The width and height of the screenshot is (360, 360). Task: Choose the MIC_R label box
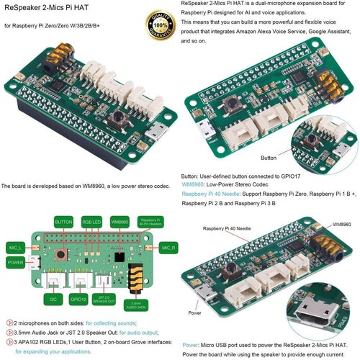pyautogui.click(x=167, y=248)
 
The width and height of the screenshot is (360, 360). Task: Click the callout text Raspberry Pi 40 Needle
pyautogui.click(x=225, y=228)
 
